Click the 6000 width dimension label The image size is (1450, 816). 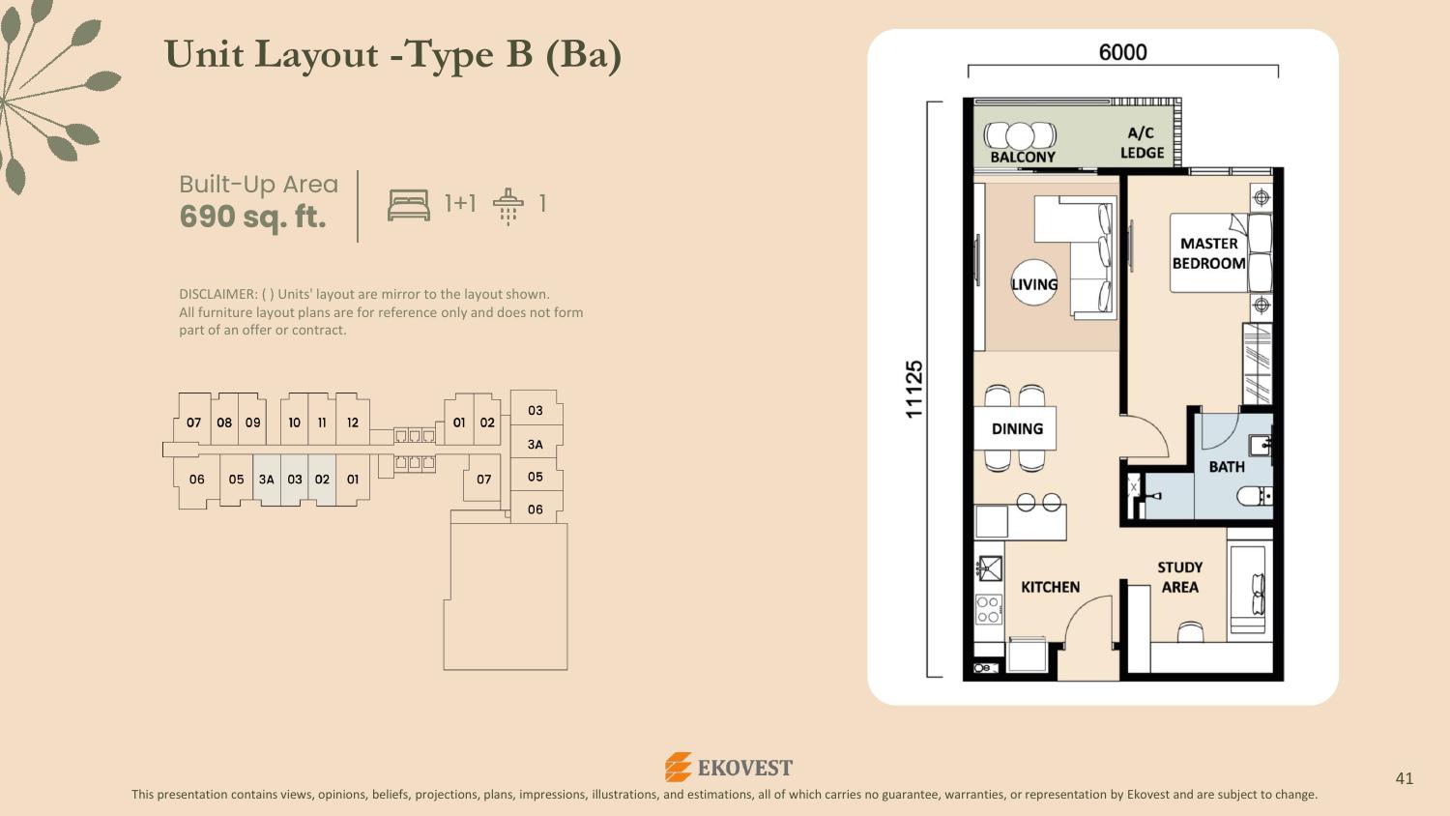point(1122,52)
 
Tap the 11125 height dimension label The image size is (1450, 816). point(913,390)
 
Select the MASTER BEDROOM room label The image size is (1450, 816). point(1208,253)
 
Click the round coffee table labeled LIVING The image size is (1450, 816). point(1033,282)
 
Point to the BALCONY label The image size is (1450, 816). point(1023,157)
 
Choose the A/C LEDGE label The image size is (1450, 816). point(1142,142)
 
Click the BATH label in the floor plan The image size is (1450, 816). point(1227,467)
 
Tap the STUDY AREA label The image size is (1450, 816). point(1179,577)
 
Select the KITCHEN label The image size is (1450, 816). point(1050,587)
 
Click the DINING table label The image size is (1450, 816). point(1017,428)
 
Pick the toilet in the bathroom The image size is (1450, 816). point(1254,497)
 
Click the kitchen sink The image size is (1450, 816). point(989,568)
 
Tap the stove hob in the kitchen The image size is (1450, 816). point(989,610)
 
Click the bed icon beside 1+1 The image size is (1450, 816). point(409,205)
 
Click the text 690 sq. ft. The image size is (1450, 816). point(252,217)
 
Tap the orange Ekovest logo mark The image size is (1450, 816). point(678,768)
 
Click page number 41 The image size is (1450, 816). point(1404,777)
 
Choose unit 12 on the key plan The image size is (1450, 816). point(352,423)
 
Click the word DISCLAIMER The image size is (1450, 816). point(217,294)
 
